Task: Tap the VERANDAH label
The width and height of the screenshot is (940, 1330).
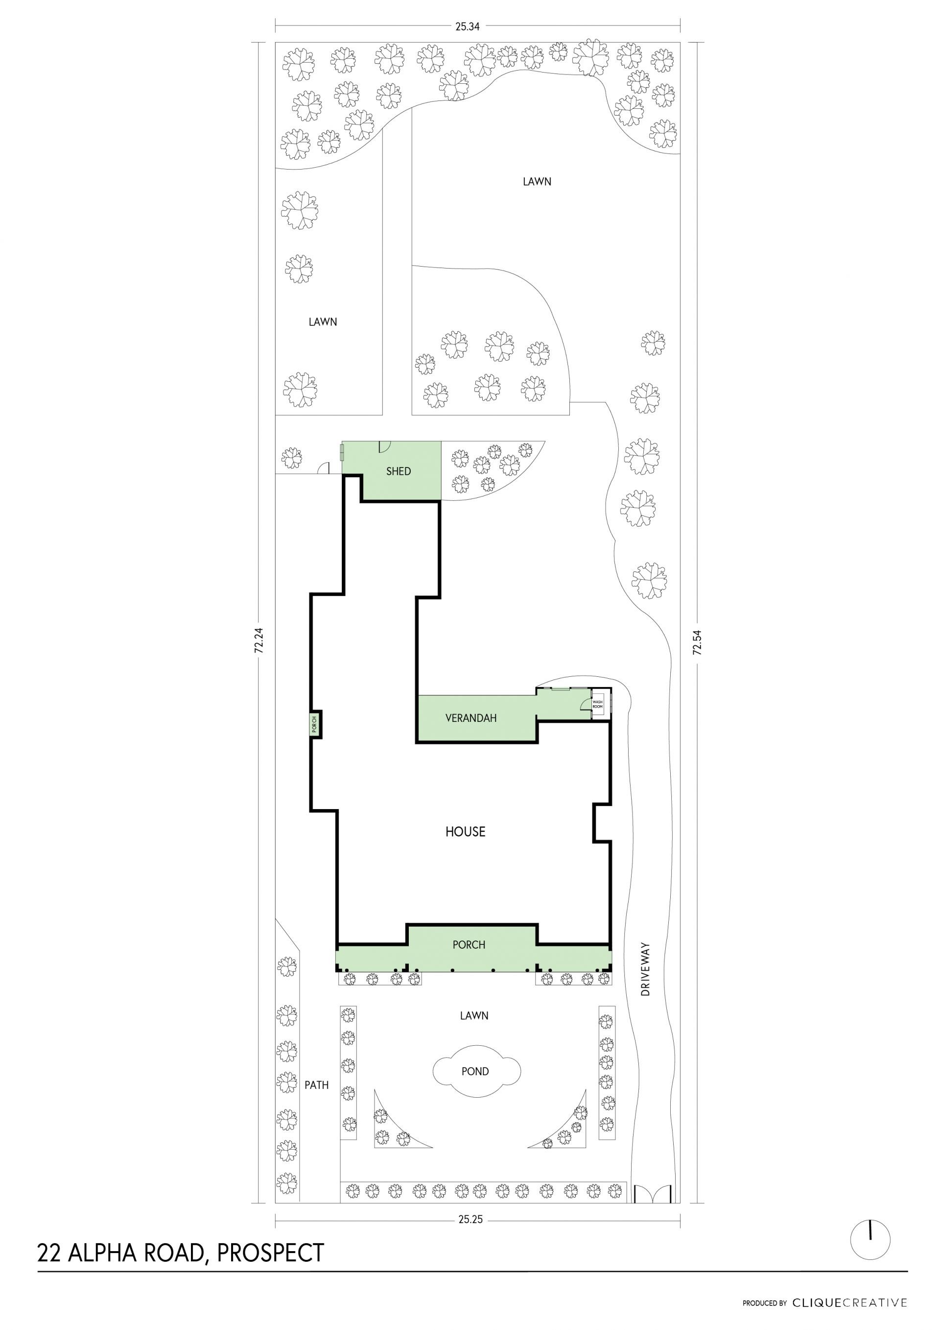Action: point(470,718)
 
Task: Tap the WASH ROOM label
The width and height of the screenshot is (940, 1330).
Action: point(597,704)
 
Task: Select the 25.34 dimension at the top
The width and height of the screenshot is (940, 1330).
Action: point(467,26)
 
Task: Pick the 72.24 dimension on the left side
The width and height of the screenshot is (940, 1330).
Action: point(258,641)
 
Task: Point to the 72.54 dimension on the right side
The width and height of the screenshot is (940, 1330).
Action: point(698,642)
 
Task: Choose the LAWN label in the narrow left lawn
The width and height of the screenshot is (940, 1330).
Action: point(323,322)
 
